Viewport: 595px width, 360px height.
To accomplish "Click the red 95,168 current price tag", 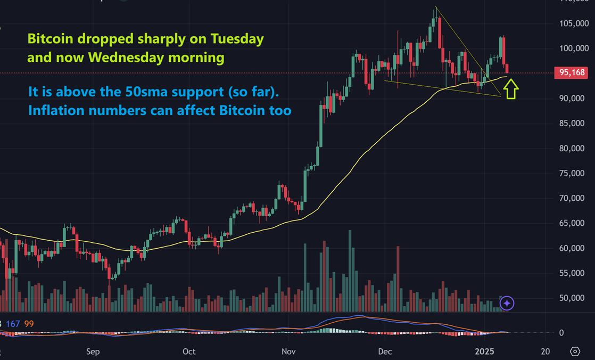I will pyautogui.click(x=573, y=73).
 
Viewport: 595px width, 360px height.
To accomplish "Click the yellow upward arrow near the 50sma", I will pyautogui.click(x=511, y=88).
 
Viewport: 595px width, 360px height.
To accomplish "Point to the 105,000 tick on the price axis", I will pyautogui.click(x=573, y=24).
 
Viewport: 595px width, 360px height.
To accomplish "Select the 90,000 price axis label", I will pyautogui.click(x=573, y=99).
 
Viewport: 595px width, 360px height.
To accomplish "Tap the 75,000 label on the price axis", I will pyautogui.click(x=573, y=174).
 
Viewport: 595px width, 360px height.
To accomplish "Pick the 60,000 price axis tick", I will pyautogui.click(x=573, y=248).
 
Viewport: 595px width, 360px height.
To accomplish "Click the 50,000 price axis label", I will pyautogui.click(x=573, y=298).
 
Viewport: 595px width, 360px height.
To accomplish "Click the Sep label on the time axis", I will pyautogui.click(x=93, y=351).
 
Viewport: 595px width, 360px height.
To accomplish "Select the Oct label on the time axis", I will pyautogui.click(x=188, y=351).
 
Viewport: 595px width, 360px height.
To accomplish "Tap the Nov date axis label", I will pyautogui.click(x=288, y=351).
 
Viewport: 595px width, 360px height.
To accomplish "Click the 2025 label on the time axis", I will pyautogui.click(x=485, y=351).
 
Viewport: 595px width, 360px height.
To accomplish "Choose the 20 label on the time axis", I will pyautogui.click(x=544, y=351).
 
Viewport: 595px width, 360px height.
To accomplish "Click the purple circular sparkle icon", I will pyautogui.click(x=507, y=303).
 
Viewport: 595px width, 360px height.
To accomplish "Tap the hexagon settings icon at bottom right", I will pyautogui.click(x=575, y=351).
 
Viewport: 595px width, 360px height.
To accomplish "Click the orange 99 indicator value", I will pyautogui.click(x=29, y=324).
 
